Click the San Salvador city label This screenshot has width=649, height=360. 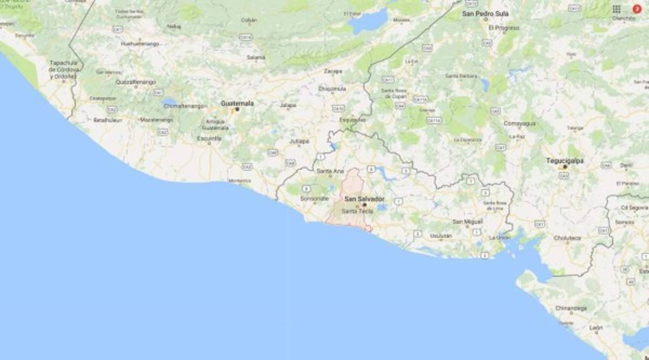pyautogui.click(x=364, y=199)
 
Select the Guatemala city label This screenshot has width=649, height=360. pyautogui.click(x=237, y=103)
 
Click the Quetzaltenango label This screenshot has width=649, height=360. pyautogui.click(x=136, y=82)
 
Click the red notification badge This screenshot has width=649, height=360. pyautogui.click(x=637, y=9)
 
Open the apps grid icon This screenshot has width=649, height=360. pyautogui.click(x=617, y=9)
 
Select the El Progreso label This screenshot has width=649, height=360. pyautogui.click(x=504, y=28)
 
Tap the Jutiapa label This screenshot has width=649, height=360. pyautogui.click(x=299, y=142)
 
